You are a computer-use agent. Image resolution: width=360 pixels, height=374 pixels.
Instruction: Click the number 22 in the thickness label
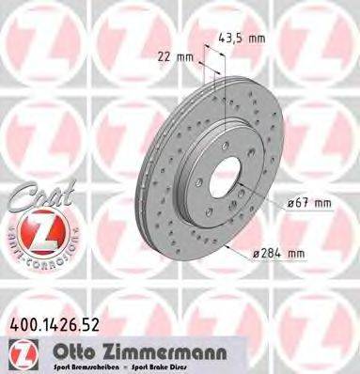pyautogui.click(x=166, y=57)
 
